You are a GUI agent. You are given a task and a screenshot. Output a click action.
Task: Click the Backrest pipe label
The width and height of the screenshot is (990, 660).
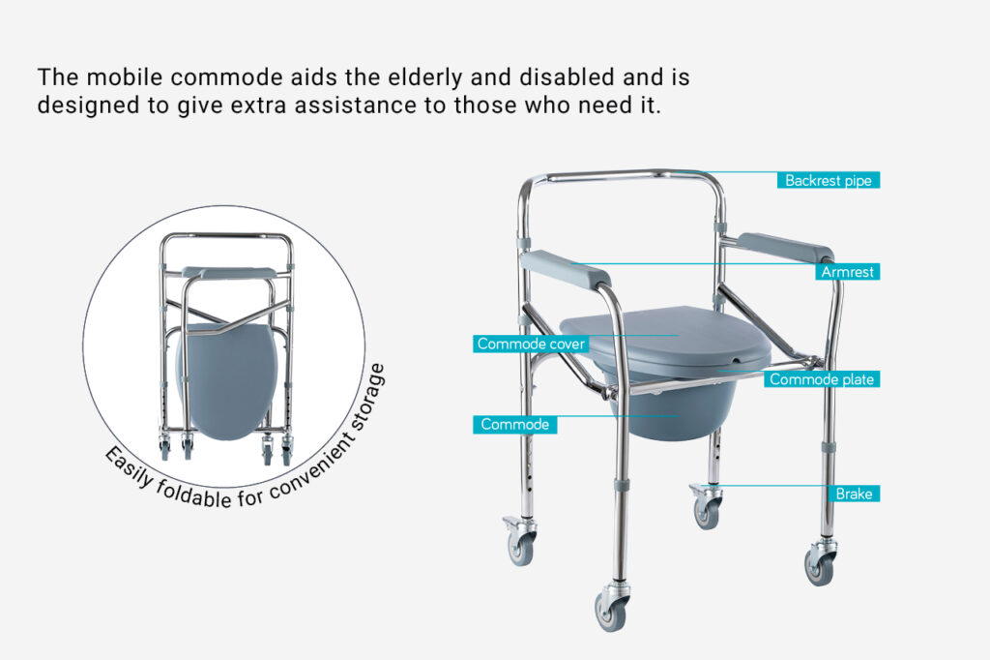(x=828, y=180)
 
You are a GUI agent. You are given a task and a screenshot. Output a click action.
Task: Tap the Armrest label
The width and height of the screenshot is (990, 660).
(x=847, y=272)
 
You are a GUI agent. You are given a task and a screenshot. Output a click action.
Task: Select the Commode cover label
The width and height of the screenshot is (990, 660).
(x=531, y=344)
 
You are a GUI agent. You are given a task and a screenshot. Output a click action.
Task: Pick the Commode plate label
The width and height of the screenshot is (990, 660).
(x=822, y=379)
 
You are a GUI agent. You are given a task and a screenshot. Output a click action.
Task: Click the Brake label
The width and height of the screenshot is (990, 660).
(x=854, y=494)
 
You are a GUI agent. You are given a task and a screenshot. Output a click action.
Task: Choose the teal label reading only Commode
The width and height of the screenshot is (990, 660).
(x=514, y=424)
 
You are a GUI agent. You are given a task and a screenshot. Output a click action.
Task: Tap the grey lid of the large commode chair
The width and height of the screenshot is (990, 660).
(x=665, y=339)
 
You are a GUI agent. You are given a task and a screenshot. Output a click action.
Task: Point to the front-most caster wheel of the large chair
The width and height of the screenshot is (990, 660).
(x=611, y=609)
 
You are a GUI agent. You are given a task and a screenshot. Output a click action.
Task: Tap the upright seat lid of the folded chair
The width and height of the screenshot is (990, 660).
(x=227, y=381)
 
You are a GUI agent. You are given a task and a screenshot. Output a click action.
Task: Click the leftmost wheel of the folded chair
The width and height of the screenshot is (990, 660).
(x=164, y=447)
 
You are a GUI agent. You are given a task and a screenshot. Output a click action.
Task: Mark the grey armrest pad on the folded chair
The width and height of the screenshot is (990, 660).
(x=229, y=273)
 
